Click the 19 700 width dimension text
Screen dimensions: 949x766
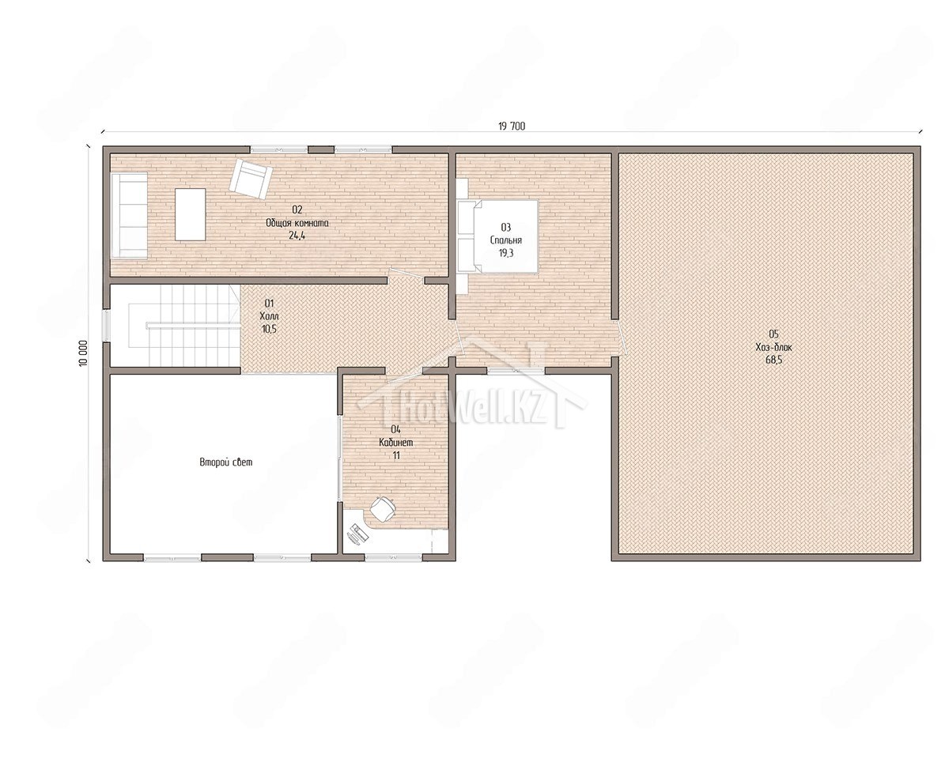(512, 126)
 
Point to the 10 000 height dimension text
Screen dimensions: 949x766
(83, 353)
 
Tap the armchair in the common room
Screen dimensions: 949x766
(251, 179)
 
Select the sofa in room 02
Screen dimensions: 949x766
(129, 216)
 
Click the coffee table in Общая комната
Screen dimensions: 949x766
(191, 214)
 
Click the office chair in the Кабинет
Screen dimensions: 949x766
(383, 508)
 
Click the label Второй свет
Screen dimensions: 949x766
(226, 462)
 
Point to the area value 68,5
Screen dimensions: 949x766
(773, 360)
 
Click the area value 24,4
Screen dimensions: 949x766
(297, 236)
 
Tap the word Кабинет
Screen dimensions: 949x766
(395, 442)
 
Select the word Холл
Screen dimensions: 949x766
(269, 316)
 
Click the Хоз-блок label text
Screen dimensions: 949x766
(774, 347)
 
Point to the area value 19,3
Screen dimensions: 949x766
(506, 253)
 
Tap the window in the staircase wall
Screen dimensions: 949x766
(106, 325)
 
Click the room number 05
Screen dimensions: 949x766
(774, 334)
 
